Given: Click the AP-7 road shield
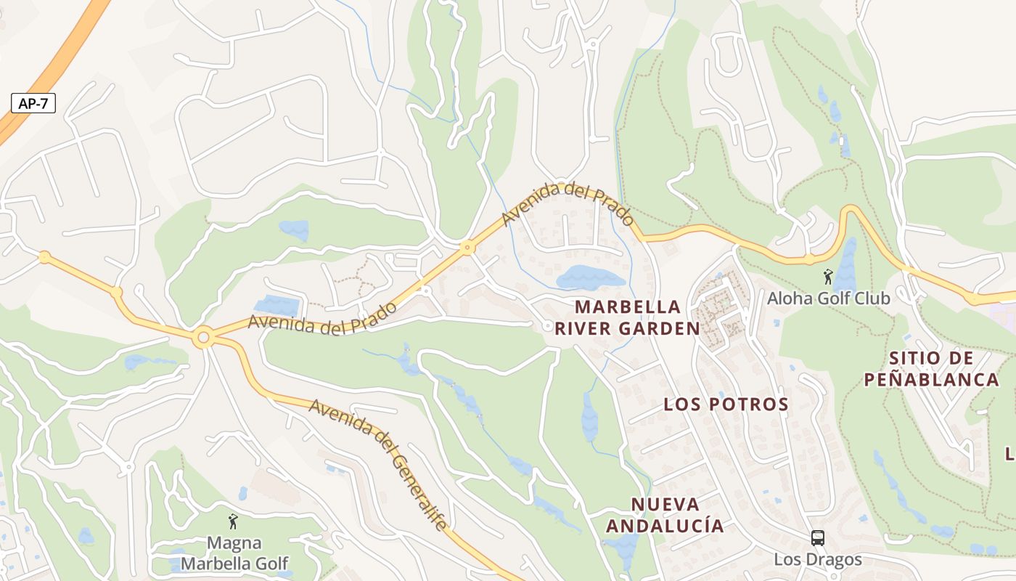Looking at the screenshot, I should tap(33, 103).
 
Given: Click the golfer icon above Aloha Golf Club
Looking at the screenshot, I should tap(828, 277).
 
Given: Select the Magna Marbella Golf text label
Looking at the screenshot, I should tap(234, 553).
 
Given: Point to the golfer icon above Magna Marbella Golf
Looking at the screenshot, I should tap(233, 521).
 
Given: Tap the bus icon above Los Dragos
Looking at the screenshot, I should tap(817, 538).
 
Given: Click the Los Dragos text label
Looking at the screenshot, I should tap(817, 559).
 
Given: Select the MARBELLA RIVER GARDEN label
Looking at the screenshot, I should tap(628, 317).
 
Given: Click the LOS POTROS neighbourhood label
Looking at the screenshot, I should tap(726, 405).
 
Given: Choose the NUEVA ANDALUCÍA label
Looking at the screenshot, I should tap(665, 515).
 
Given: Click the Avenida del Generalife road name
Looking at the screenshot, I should tap(377, 463).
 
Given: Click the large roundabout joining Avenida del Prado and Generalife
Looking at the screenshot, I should tap(204, 338).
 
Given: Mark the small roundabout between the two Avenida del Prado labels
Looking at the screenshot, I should tap(467, 248).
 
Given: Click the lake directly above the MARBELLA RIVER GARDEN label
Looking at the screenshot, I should tap(589, 277).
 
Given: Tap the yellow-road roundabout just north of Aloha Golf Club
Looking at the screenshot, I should tap(809, 259).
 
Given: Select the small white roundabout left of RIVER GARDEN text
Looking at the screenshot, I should tap(547, 327).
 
